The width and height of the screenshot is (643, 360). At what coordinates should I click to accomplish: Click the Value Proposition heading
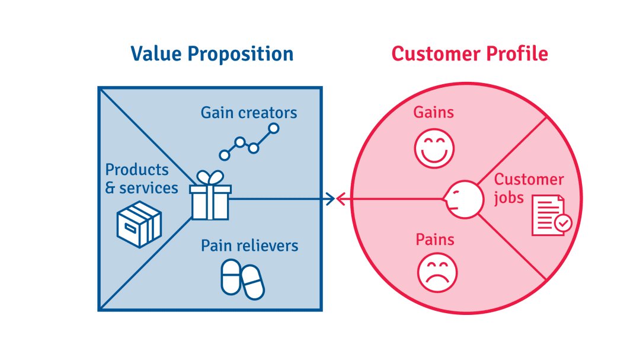tap(212, 54)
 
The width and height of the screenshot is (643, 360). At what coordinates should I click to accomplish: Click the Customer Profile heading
tap(469, 54)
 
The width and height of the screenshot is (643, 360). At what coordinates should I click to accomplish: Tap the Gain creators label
tap(249, 113)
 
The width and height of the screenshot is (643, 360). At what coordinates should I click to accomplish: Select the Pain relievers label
tap(249, 246)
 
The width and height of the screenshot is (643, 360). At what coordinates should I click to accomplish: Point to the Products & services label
tap(142, 179)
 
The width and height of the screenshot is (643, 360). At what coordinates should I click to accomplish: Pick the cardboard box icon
tap(139, 224)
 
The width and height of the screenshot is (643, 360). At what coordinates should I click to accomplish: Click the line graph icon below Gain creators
tap(249, 142)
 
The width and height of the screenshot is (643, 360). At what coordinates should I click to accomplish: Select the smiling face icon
tap(434, 148)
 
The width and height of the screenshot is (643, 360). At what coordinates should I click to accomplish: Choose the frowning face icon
tap(437, 273)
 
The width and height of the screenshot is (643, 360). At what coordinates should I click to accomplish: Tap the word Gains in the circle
tap(433, 112)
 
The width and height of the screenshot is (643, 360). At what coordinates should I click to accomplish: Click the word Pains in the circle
tap(435, 240)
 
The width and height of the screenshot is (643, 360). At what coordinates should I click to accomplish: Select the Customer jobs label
tap(529, 189)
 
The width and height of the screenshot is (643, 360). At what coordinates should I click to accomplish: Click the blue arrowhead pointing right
tap(331, 199)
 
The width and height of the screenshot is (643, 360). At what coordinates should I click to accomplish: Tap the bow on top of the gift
tap(210, 178)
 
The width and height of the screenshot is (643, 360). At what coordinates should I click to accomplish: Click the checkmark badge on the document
tap(563, 224)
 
